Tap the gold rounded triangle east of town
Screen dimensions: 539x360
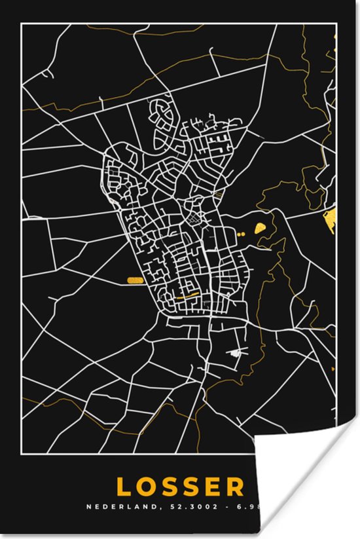click(x=261, y=228)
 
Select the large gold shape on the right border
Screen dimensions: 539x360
click(x=330, y=221)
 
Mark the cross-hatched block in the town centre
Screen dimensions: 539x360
click(x=194, y=222)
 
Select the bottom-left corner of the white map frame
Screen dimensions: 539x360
click(x=22, y=458)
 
